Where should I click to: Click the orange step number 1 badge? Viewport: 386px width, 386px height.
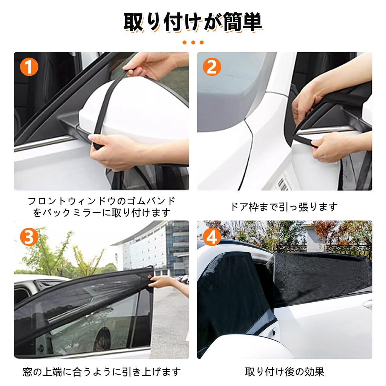tap(29, 67)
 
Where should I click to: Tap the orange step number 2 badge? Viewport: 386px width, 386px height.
tap(212, 67)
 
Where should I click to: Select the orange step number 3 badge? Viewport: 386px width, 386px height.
tap(29, 237)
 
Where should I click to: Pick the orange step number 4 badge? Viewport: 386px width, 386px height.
tap(212, 237)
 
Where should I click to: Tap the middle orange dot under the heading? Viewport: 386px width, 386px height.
tap(193, 43)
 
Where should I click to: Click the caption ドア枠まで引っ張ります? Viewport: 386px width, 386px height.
tap(284, 207)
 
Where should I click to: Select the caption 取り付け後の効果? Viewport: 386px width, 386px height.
tap(285, 372)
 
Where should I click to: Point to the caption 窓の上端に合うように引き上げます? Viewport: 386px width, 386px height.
tap(101, 372)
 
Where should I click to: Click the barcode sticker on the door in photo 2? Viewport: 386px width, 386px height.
tap(283, 184)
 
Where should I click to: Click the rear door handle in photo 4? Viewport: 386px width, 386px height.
tap(367, 304)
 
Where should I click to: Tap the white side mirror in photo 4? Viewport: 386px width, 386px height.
tap(249, 347)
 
